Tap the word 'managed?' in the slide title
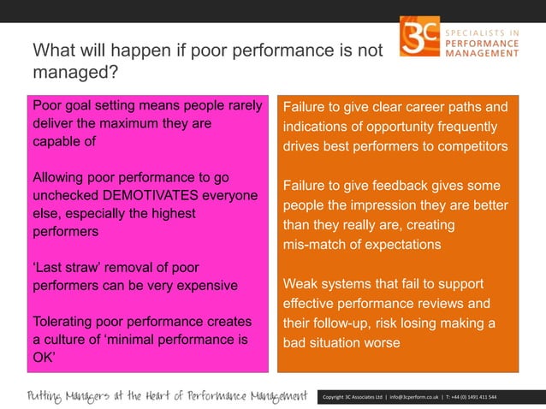[x=74, y=72]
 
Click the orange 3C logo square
[x=419, y=36]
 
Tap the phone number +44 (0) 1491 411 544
[x=479, y=397]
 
